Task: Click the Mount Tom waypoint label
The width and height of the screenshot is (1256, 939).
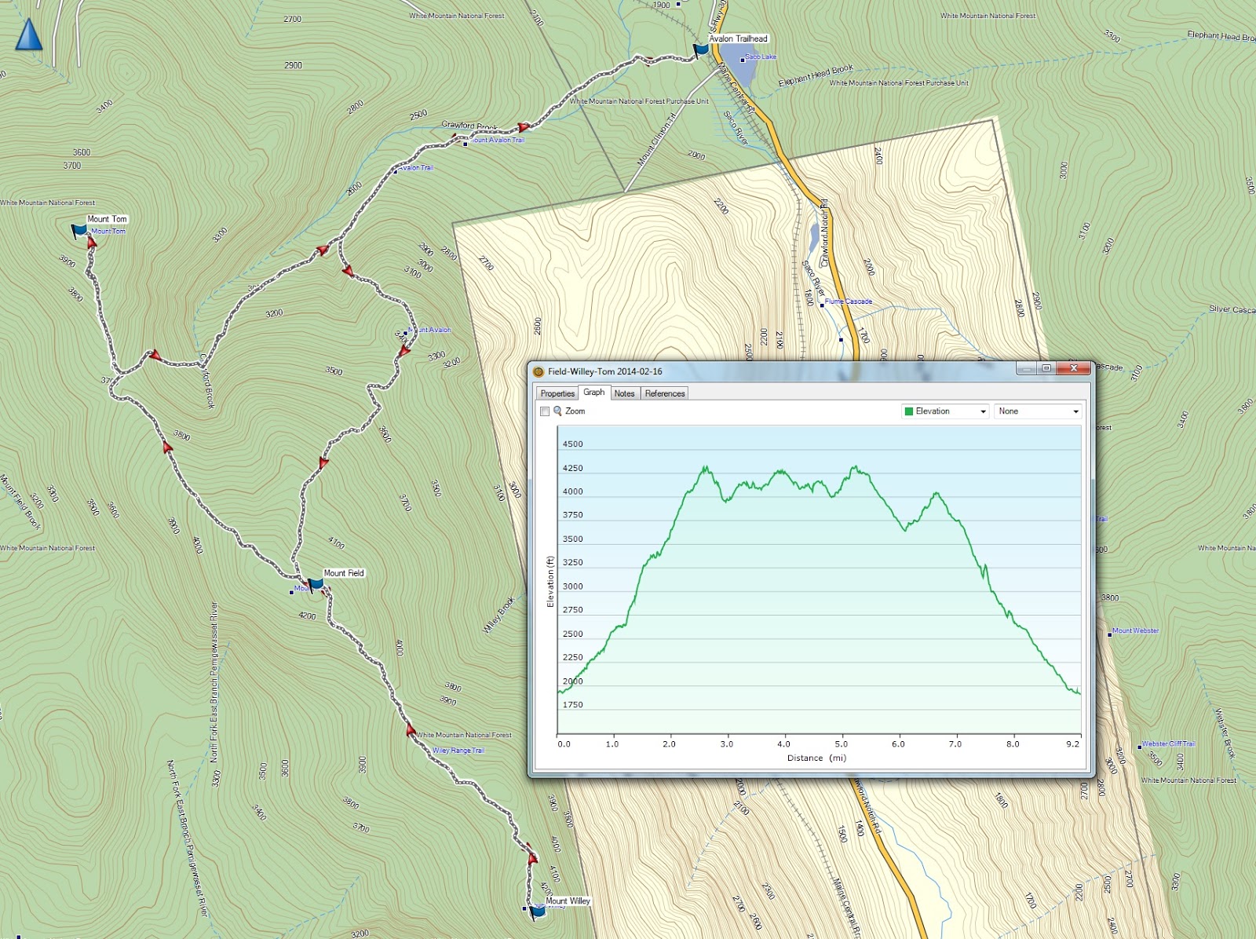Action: click(x=107, y=219)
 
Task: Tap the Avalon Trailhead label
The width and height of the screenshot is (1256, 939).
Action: click(x=738, y=38)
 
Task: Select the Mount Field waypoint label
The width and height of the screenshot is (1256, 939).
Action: click(x=344, y=573)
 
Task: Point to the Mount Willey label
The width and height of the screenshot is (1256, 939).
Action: click(x=568, y=901)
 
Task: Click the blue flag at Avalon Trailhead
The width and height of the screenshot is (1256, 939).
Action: click(x=700, y=50)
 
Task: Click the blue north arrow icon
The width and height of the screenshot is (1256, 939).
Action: click(x=29, y=35)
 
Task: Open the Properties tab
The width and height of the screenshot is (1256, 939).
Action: click(x=557, y=393)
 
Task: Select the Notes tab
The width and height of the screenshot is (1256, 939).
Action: click(x=624, y=393)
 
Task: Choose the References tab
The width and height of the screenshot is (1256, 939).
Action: click(x=664, y=393)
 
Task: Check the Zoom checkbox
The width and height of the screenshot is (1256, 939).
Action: click(x=545, y=411)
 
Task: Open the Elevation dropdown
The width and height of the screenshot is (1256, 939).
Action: click(x=945, y=411)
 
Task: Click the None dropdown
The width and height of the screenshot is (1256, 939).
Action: click(x=1038, y=411)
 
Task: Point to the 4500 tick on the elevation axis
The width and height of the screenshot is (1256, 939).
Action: click(x=572, y=444)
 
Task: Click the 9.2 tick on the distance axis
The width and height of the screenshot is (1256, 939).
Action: click(x=1072, y=744)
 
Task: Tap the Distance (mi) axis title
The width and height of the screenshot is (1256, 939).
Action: click(x=816, y=758)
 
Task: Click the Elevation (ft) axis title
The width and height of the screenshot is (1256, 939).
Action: click(x=550, y=582)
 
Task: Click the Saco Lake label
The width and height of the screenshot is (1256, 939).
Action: click(x=760, y=57)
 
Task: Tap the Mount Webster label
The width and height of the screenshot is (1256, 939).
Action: click(x=1135, y=630)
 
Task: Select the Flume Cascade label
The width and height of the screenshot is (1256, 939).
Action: click(x=848, y=301)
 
